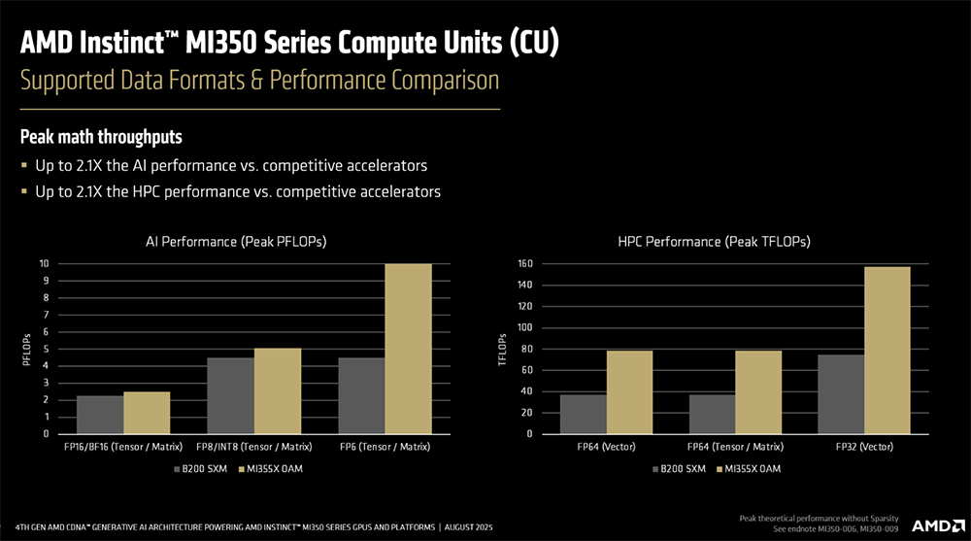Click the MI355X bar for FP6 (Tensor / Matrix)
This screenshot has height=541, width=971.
click(x=408, y=349)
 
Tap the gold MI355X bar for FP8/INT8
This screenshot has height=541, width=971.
click(x=277, y=390)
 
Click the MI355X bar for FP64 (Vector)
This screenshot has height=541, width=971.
click(x=629, y=392)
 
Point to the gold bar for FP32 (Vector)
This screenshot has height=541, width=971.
click(x=887, y=350)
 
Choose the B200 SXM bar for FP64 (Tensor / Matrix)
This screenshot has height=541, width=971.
click(x=712, y=414)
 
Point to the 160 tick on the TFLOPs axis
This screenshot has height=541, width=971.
click(x=523, y=263)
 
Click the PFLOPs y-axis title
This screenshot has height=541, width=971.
click(x=26, y=349)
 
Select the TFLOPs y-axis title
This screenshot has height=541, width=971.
click(x=502, y=349)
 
